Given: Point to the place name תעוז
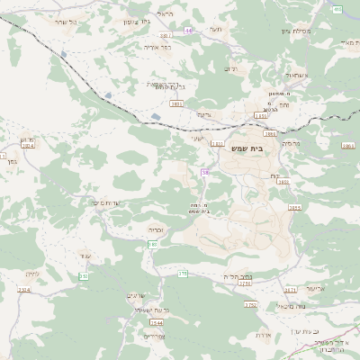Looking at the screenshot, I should click(216, 30).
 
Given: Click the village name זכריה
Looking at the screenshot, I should click(156, 229).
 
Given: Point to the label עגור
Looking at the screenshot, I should click(85, 256).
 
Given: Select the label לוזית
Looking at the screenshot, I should click(34, 274).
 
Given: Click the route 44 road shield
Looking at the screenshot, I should click(189, 30).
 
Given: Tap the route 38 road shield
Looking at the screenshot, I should click(206, 171).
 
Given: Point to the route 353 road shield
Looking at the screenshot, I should click(83, 276).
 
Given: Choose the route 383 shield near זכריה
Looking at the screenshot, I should click(153, 244).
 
